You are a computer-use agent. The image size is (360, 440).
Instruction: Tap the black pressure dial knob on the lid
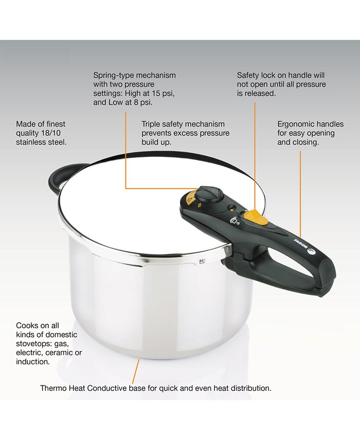point(209,195)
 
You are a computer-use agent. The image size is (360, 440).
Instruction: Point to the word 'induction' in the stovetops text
point(33,362)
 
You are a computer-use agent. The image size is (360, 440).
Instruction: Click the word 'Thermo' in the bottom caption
point(55,388)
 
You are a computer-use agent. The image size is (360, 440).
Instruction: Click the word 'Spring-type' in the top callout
point(114,75)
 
